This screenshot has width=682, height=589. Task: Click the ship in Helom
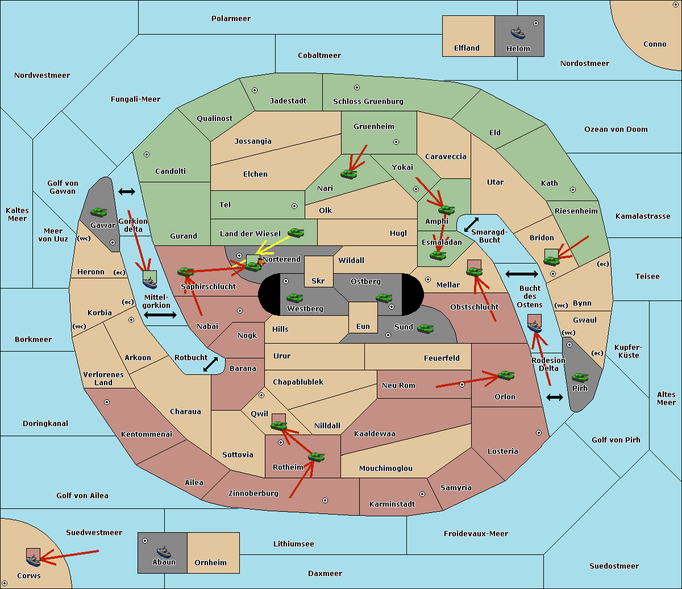click(518, 32)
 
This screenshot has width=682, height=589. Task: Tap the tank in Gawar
click(99, 212)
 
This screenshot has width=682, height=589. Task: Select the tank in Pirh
click(580, 377)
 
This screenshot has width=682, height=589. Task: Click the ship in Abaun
click(164, 552)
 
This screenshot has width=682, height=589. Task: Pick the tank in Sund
click(425, 328)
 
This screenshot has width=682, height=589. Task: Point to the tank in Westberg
click(294, 298)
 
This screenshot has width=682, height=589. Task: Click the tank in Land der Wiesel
click(296, 232)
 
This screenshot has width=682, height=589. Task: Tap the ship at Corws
click(34, 561)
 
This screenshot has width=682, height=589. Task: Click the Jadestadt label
click(288, 101)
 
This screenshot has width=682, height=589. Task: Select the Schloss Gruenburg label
click(368, 101)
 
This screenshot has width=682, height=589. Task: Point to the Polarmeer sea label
click(231, 19)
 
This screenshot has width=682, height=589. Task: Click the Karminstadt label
click(392, 504)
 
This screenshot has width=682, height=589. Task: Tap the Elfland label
click(467, 48)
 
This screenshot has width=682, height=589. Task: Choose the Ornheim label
click(210, 562)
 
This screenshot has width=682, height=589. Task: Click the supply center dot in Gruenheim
click(396, 142)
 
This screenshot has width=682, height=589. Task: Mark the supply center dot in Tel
click(294, 206)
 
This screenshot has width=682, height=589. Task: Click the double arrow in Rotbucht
click(210, 365)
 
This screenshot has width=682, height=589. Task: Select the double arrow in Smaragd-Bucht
click(471, 224)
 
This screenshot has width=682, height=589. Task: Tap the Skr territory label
click(318, 281)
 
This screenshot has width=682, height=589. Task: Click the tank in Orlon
click(506, 375)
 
